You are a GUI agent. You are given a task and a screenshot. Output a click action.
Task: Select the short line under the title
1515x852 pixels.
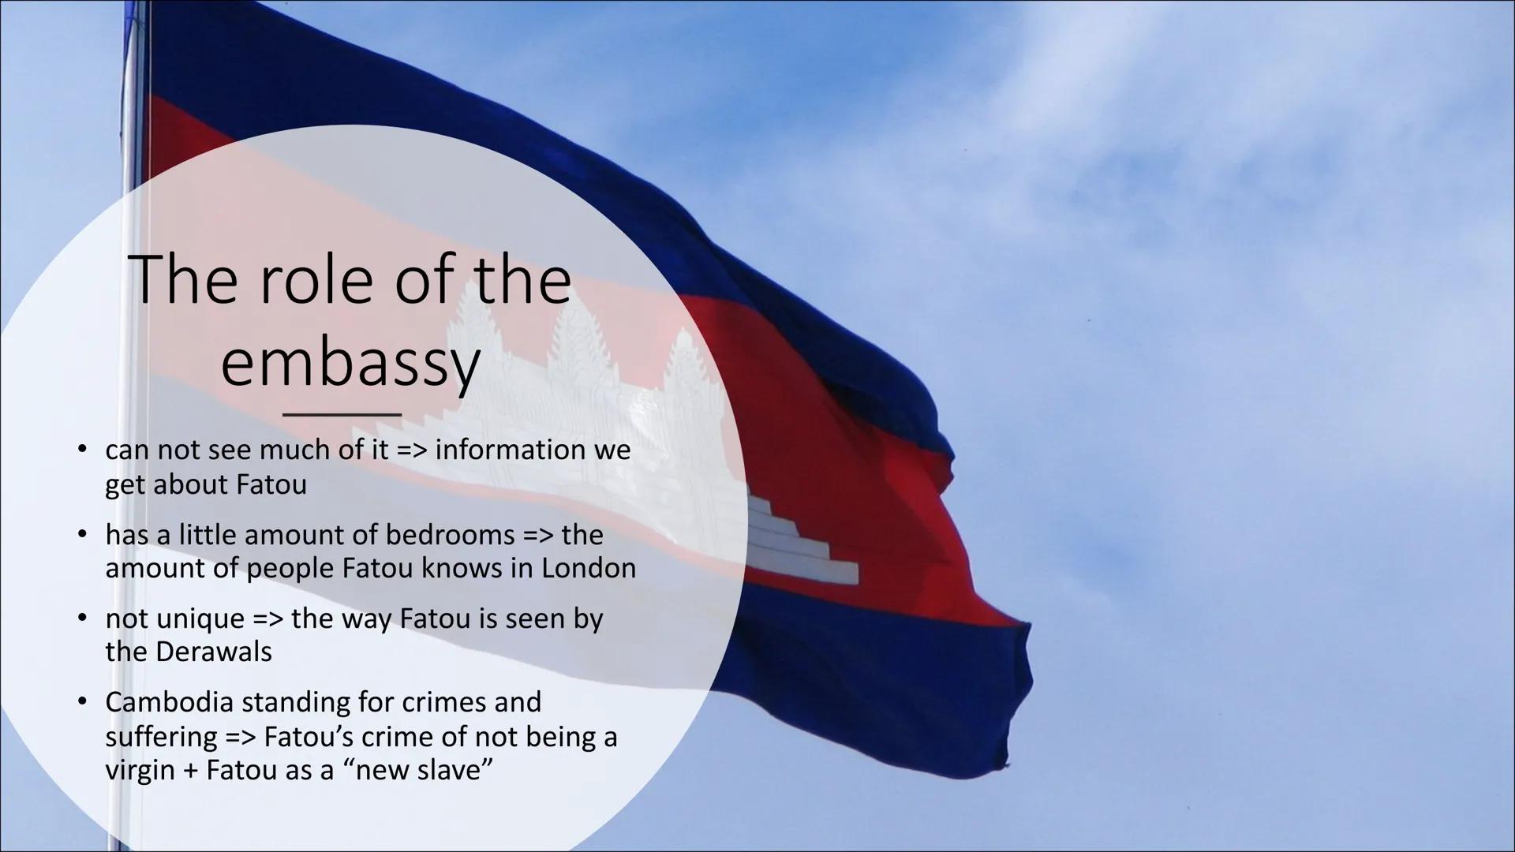click(342, 414)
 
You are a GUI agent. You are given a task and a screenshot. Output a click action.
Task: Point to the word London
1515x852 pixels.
click(588, 568)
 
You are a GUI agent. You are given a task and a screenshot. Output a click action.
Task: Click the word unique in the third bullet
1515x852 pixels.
click(200, 619)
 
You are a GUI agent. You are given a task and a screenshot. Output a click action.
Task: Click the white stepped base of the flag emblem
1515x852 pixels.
click(797, 544)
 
